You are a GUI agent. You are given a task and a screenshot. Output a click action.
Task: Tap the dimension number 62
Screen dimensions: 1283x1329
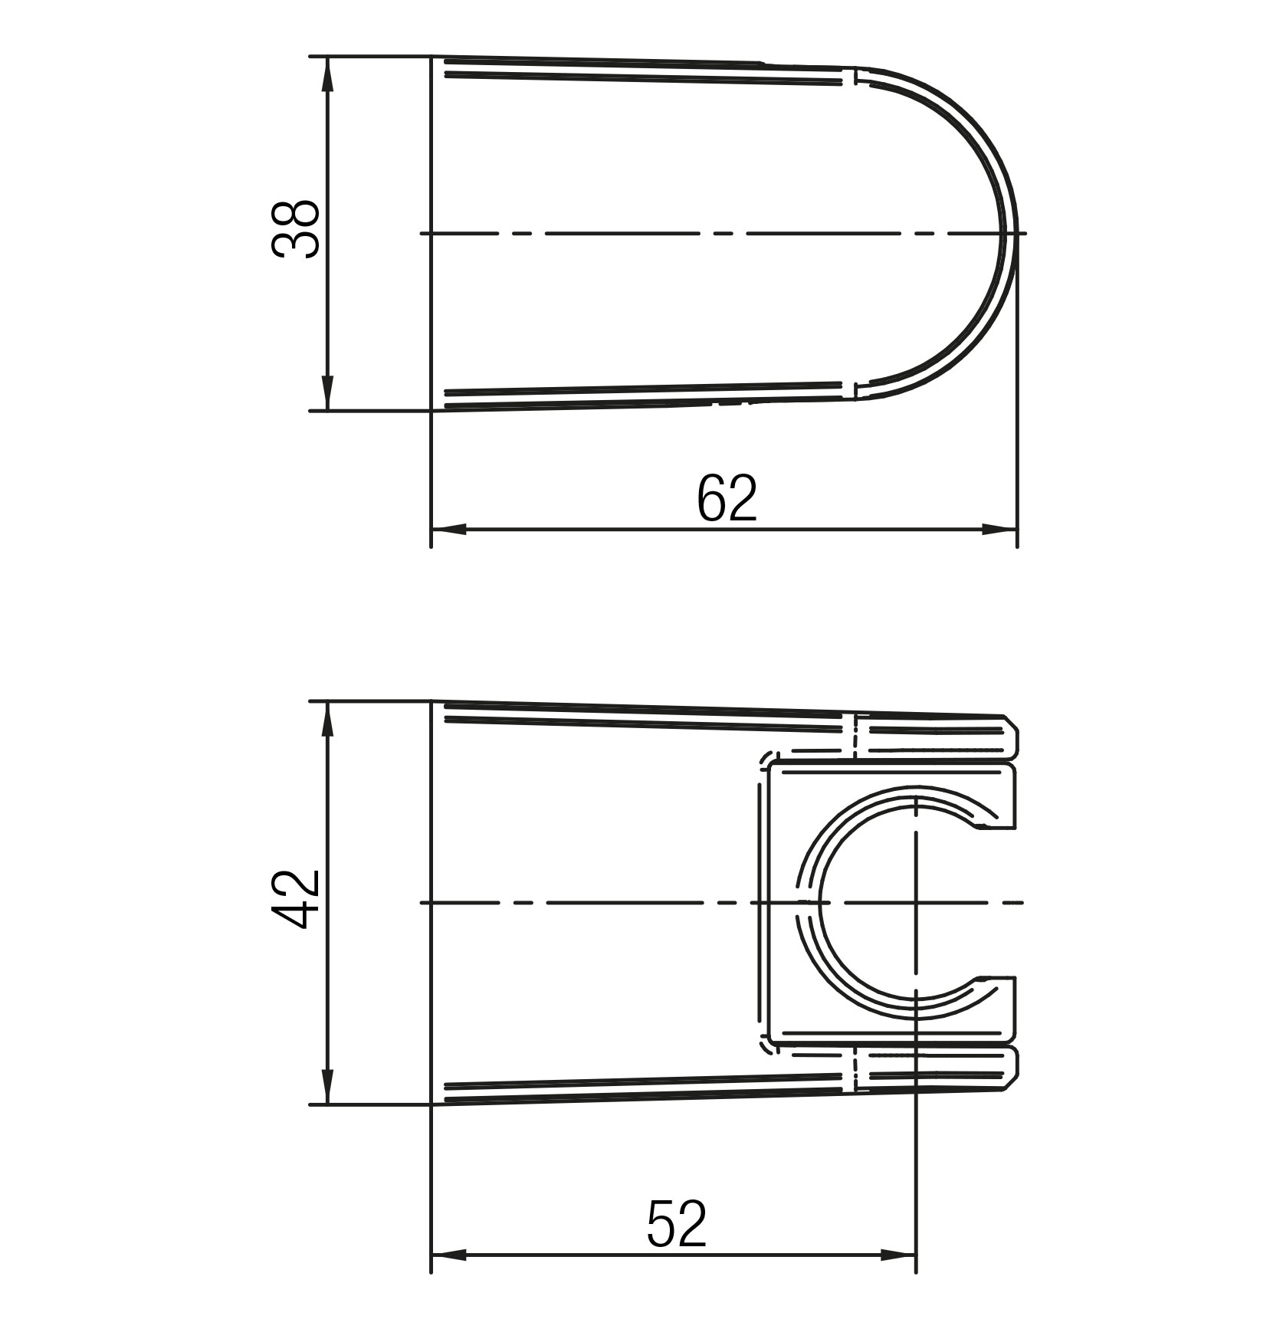point(727,497)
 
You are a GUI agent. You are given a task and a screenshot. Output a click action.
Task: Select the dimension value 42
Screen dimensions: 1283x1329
point(295,899)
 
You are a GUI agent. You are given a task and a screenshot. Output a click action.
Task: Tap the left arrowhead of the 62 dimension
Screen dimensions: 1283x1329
point(449,529)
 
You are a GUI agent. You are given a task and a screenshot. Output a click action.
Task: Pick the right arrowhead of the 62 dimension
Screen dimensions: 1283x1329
point(999,529)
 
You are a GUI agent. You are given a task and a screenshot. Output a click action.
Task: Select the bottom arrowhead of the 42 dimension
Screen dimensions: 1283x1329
point(328,1087)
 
